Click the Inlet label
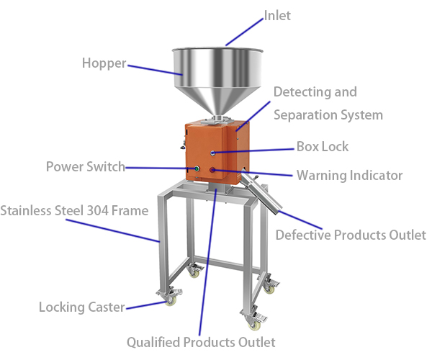[277, 15]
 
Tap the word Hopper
[104, 63]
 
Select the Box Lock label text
[323, 147]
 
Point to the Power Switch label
[86, 166]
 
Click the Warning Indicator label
[349, 175]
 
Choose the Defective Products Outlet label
[351, 235]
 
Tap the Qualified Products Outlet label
[201, 343]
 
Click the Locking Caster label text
[82, 307]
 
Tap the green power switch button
[197, 168]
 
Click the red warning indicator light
[212, 170]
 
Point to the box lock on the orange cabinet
[212, 153]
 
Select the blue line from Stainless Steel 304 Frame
[113, 231]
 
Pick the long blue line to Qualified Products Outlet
[208, 262]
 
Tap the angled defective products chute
[262, 192]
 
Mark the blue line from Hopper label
[155, 70]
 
